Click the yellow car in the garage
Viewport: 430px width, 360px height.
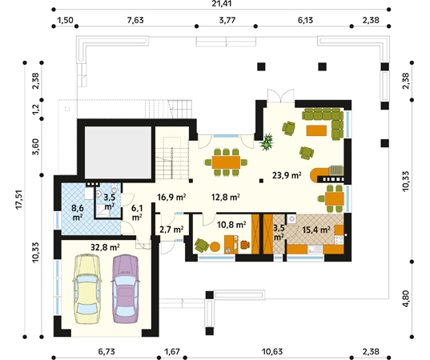86,289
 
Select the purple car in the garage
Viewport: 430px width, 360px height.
126,289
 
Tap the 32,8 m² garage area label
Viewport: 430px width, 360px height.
105,247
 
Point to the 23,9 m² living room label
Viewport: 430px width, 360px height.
287,175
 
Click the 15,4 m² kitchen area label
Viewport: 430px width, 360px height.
316,230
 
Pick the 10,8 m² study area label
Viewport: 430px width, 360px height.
231,225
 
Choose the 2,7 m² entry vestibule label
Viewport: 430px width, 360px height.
171,229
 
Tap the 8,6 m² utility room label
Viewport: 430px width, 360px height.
78,213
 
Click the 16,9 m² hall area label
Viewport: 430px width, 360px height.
172,197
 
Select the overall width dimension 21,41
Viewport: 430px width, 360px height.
222,3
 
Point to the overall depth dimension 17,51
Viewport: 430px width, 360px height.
18,199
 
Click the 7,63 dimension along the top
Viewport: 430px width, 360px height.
135,20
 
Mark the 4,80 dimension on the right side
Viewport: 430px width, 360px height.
406,298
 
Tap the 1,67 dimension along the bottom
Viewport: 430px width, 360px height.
172,351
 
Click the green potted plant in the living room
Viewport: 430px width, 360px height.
267,142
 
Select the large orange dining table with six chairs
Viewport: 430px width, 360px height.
227,162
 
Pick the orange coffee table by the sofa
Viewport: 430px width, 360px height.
316,130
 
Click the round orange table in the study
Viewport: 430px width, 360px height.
215,246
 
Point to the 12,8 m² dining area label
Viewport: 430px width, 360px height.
226,197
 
